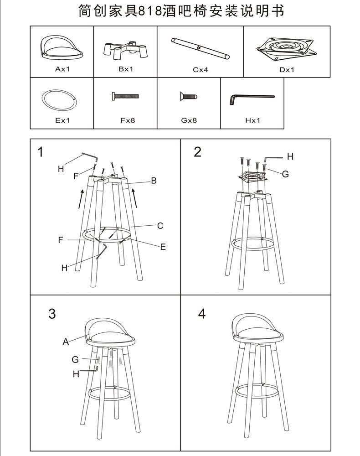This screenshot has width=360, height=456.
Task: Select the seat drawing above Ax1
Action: coord(62,49)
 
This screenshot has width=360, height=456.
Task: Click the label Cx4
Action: coord(200,70)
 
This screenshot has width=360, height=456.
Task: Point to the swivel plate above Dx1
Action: coord(286,49)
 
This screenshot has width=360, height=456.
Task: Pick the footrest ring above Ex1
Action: coord(58,99)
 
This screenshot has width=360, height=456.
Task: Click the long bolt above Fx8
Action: coord(125,97)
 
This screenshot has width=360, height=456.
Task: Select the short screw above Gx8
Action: coord(188,97)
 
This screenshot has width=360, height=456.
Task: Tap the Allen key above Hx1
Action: coord(252,98)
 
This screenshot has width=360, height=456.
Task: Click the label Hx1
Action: coord(252,121)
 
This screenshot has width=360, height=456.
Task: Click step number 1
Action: coord(41,152)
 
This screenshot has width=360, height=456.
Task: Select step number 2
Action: coord(197,152)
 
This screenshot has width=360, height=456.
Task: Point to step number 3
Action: coord(52,314)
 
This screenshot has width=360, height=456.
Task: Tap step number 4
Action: coord(202,314)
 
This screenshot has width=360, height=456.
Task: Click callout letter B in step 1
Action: coord(154,181)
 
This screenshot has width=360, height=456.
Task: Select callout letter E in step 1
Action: coord(163,247)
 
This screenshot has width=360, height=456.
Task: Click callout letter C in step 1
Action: coord(160,225)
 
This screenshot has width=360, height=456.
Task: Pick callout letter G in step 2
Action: coord(285,174)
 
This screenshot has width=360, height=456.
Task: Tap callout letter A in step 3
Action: coord(66,341)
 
